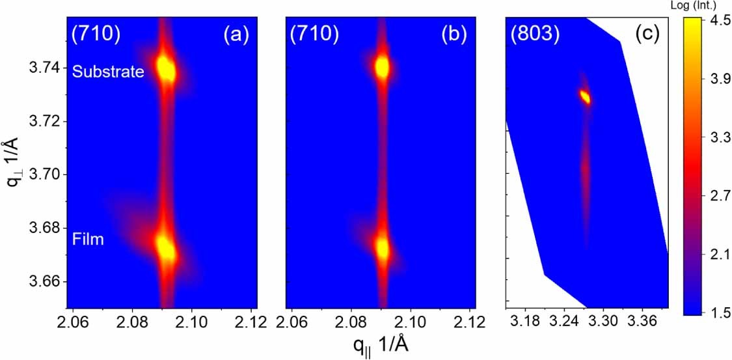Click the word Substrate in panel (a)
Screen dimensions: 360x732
[108, 72]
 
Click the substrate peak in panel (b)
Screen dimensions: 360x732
[382, 66]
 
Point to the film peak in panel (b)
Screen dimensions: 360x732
[382, 248]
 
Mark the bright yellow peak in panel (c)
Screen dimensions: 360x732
[585, 97]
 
